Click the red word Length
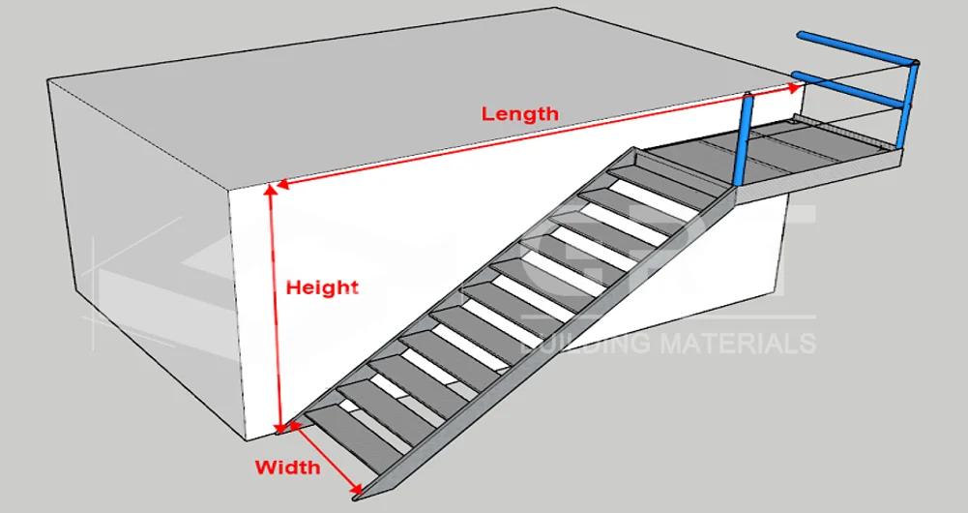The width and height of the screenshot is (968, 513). tap(520, 113)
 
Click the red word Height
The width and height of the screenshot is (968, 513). tap(322, 287)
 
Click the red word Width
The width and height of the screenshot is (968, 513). tap(287, 468)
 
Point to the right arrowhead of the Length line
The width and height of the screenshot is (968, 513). tap(795, 88)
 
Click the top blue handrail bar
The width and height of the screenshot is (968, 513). tap(855, 49)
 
